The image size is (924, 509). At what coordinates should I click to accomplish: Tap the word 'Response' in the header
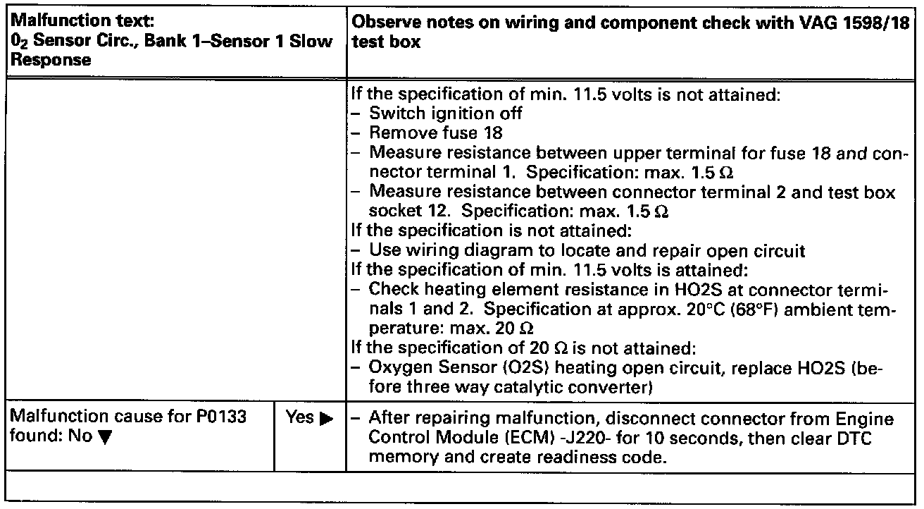44,60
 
